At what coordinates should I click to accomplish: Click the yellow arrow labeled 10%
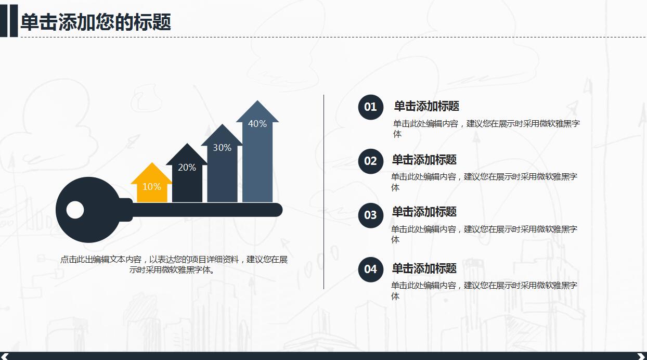(x=151, y=185)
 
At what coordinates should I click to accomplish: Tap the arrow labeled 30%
(x=222, y=164)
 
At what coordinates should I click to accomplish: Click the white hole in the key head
(x=75, y=210)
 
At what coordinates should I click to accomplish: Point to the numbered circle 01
(x=370, y=107)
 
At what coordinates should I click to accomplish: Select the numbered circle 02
(x=370, y=161)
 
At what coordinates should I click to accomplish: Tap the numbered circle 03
(x=370, y=215)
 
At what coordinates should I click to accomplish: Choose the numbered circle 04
(x=370, y=269)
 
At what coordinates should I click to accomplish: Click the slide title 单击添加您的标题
(x=96, y=22)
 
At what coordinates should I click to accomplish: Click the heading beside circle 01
(x=426, y=106)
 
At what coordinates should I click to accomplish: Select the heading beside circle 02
(x=424, y=160)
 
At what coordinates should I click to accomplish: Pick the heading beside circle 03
(x=424, y=212)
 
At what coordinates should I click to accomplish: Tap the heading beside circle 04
(x=424, y=268)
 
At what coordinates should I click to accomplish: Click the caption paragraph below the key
(x=174, y=264)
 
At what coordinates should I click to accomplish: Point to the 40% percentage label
(x=257, y=124)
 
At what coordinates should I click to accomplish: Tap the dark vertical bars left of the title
(x=8, y=21)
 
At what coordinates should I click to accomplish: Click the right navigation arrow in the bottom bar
(x=640, y=356)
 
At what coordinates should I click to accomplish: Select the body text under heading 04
(x=484, y=290)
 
